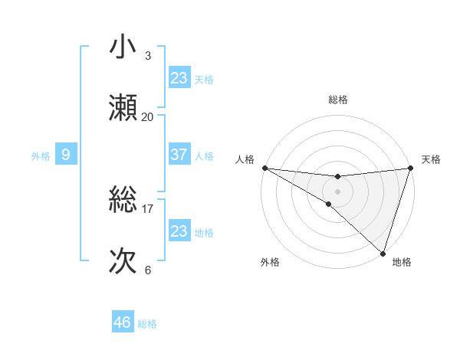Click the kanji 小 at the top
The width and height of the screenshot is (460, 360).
[x=123, y=48]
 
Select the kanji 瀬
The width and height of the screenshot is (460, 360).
[x=123, y=108]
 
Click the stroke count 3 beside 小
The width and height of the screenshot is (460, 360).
[x=148, y=56]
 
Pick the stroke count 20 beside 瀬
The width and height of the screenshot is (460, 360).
[x=148, y=116]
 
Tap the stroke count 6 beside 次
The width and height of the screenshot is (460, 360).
[x=148, y=270]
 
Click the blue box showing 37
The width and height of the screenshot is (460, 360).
[x=179, y=155]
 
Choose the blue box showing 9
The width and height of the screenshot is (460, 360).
[x=66, y=155]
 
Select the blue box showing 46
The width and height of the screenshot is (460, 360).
[x=123, y=322]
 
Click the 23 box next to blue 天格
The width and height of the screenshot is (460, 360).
[x=179, y=77]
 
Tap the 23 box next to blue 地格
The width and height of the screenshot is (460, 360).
[x=179, y=231]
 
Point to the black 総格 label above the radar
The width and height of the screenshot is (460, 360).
[x=338, y=100]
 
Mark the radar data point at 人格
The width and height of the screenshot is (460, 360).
[x=264, y=167]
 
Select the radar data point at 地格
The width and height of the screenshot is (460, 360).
[x=383, y=254]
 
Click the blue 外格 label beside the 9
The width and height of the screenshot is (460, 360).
[x=41, y=155]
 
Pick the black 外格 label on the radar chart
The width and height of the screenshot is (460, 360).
[x=270, y=263]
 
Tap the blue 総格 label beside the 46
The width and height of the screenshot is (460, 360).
[x=147, y=324]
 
